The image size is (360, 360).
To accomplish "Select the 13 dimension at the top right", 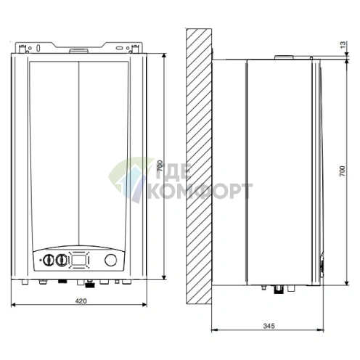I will click(343, 46).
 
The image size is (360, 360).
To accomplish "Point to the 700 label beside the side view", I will click(343, 173).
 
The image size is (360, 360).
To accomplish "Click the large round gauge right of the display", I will click(111, 260).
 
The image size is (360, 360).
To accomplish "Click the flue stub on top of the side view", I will click(286, 56).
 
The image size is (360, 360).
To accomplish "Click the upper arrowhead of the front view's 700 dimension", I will click(166, 56).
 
